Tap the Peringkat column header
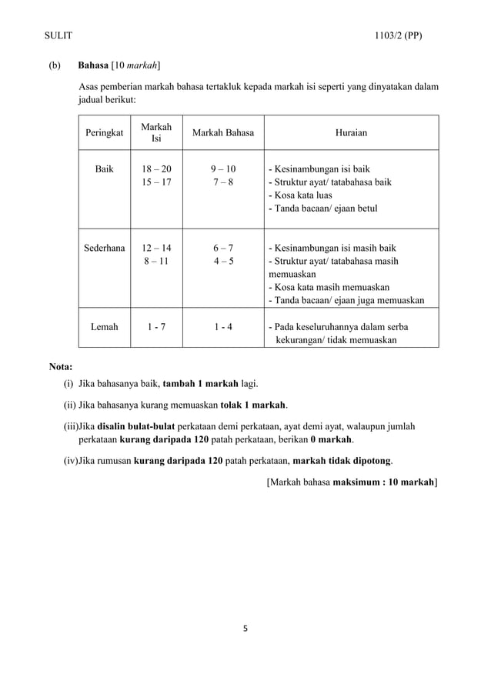point(104,133)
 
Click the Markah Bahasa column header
point(222,133)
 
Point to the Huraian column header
point(351,133)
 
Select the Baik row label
point(104,168)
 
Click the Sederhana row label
point(104,248)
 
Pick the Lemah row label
point(104,327)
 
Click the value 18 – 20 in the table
point(156,168)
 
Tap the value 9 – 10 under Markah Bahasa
point(222,168)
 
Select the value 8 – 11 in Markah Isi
point(156,261)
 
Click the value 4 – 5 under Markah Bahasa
point(222,261)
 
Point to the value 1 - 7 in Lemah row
point(156,327)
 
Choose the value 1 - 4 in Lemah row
point(222,327)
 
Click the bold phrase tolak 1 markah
point(253,405)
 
